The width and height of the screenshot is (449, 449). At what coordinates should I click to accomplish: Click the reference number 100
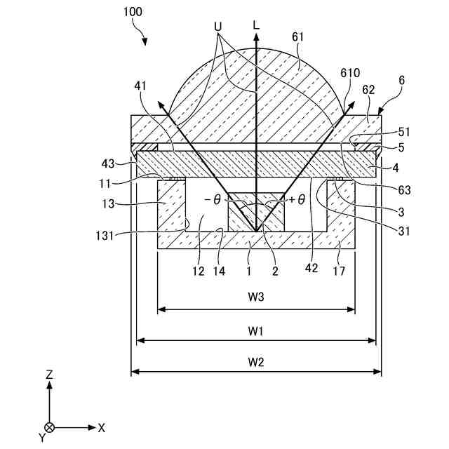tap(135, 12)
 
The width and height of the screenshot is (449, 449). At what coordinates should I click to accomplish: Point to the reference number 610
tap(351, 74)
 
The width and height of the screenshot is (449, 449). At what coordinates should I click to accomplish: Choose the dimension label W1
tap(256, 330)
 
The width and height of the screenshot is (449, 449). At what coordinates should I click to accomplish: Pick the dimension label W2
tap(256, 362)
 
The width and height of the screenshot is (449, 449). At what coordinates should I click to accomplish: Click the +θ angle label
tap(296, 200)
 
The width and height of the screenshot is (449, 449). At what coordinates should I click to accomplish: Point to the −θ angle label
tap(213, 200)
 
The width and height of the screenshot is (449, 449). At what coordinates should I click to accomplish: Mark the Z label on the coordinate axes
tap(49, 375)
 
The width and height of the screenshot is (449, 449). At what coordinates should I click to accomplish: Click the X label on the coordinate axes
tap(102, 427)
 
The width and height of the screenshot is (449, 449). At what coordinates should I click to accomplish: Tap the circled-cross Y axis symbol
tap(49, 427)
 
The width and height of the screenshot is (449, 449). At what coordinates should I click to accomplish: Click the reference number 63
tap(403, 189)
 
